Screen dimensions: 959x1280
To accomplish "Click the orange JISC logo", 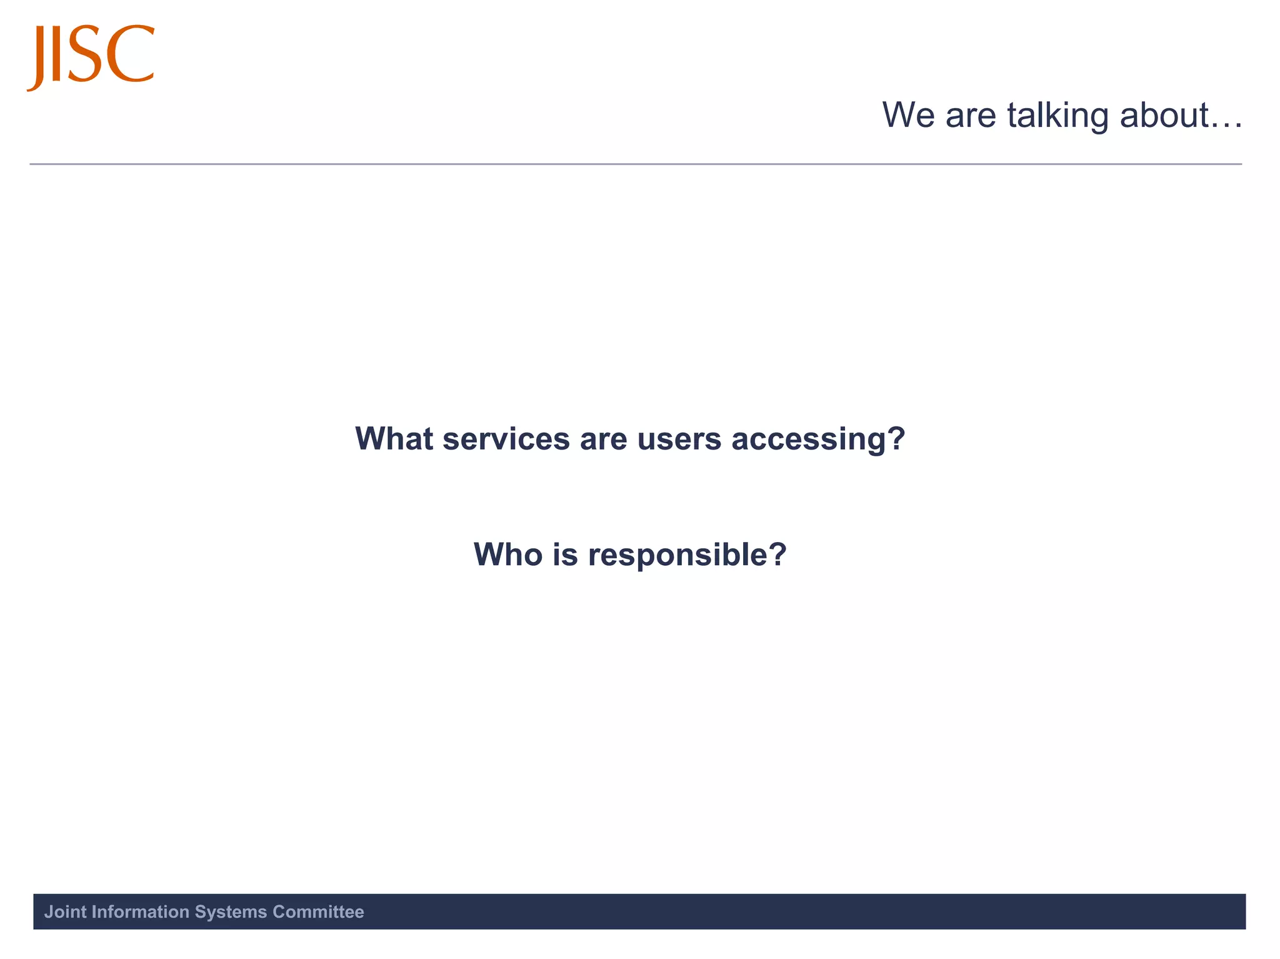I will [91, 56].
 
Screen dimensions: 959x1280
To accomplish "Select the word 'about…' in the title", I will [1181, 116].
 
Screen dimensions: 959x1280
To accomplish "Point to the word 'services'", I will [506, 438].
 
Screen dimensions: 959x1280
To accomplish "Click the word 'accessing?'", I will [818, 439].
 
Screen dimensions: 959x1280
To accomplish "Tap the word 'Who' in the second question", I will [508, 554].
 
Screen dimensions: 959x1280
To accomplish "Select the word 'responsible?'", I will [687, 555].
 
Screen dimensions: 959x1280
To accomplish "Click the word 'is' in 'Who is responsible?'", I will [565, 554].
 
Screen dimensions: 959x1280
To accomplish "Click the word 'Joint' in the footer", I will [65, 912].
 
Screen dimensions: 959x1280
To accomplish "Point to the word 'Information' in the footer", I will [140, 912].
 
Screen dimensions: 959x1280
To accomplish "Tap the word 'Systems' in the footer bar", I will [231, 912].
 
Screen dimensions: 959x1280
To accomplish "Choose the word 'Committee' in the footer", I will [318, 912].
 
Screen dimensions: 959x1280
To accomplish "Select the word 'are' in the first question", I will [603, 438].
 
